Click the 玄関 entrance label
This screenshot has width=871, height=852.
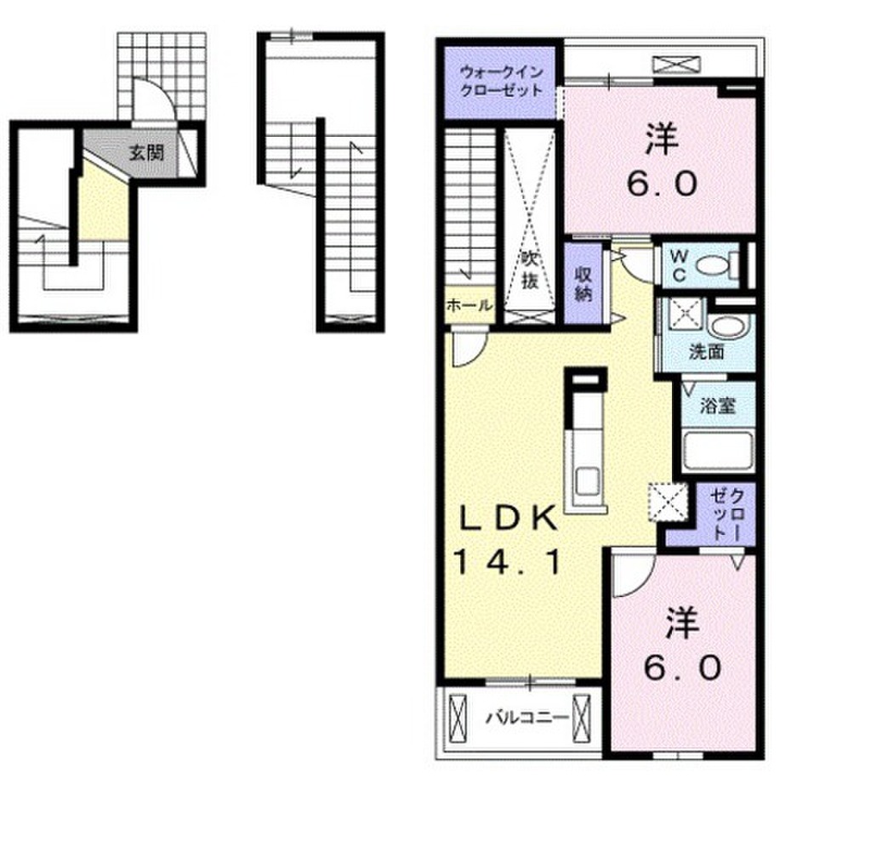146,152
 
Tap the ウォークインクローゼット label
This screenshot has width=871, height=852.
502,81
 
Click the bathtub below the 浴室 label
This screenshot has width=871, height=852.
718,450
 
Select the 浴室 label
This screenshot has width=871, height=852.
717,406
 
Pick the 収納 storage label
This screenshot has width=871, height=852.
584,284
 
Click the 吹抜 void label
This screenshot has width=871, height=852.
529,270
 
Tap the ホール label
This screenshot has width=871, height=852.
469,305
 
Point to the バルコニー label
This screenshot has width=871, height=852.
527,719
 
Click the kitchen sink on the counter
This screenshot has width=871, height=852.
587,482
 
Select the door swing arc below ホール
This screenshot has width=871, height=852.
470,350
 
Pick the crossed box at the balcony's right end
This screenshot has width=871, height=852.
582,718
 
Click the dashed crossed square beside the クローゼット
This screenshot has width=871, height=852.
669,502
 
